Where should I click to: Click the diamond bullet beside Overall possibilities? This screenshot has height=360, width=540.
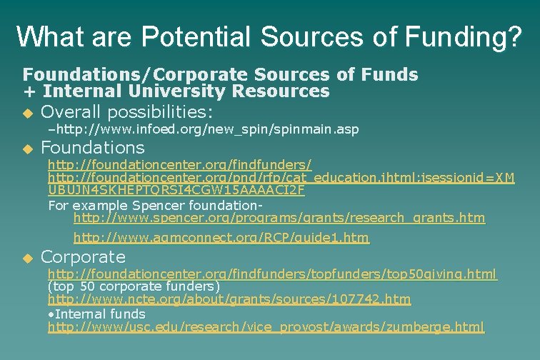click(x=28, y=114)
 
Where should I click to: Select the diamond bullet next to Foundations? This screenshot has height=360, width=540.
click(x=28, y=149)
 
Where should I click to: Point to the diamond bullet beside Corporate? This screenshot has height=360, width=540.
click(x=28, y=258)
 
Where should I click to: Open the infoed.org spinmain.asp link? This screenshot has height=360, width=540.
click(x=206, y=129)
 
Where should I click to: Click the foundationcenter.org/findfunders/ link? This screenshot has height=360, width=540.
click(x=179, y=164)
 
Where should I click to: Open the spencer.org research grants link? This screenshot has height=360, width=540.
click(x=279, y=217)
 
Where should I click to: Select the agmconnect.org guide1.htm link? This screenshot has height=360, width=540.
click(x=221, y=238)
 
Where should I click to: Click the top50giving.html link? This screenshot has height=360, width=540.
click(x=272, y=274)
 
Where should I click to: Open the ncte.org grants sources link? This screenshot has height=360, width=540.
click(x=229, y=299)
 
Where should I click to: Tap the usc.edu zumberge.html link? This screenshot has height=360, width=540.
click(x=266, y=326)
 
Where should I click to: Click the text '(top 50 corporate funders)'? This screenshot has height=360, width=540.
click(x=134, y=286)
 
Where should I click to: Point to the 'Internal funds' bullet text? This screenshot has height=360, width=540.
click(x=100, y=313)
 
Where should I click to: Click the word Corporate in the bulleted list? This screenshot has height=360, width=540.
click(x=83, y=256)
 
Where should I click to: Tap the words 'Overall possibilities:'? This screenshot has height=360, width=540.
click(x=127, y=112)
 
